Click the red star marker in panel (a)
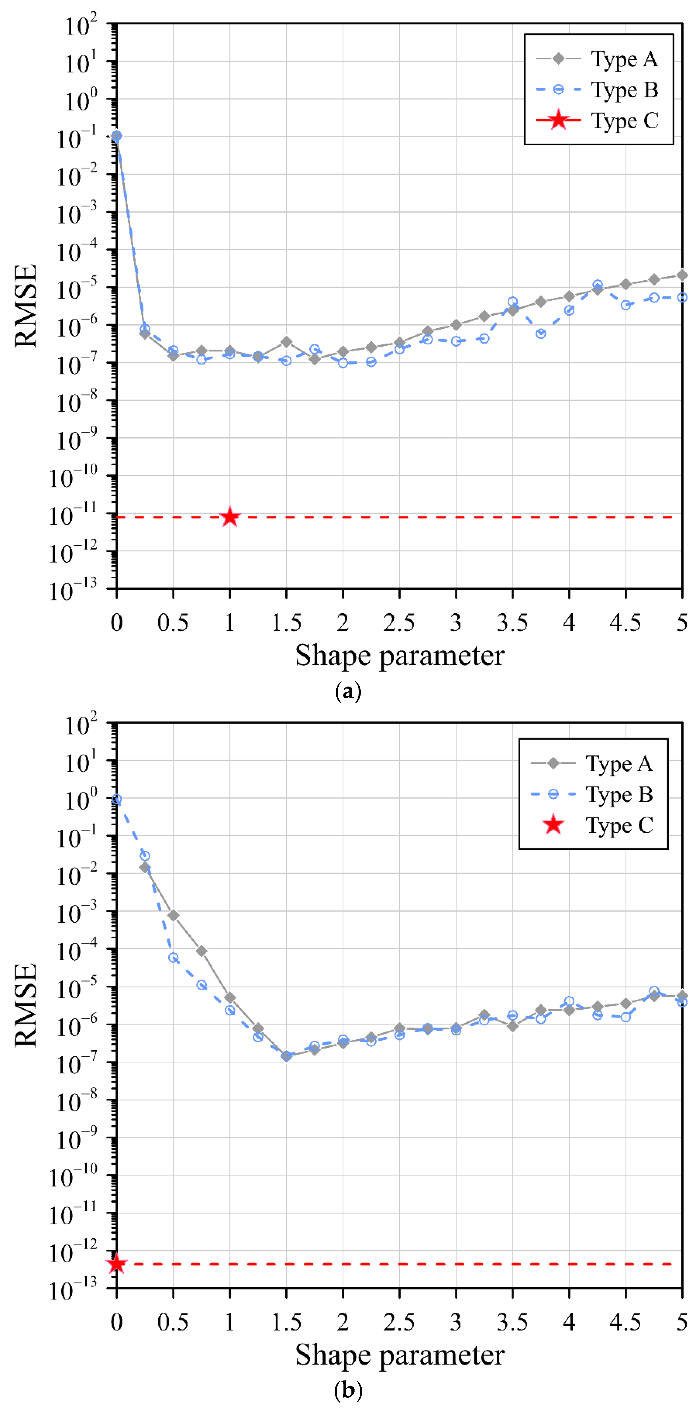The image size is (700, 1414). [230, 516]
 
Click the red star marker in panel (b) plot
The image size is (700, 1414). [116, 1264]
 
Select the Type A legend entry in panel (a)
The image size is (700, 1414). [598, 59]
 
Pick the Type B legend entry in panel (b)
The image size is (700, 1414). [593, 794]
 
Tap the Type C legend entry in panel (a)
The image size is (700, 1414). [598, 120]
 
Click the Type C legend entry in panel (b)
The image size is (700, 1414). [593, 825]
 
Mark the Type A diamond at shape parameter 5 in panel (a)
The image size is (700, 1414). [681, 275]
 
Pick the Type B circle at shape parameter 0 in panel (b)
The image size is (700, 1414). [116, 800]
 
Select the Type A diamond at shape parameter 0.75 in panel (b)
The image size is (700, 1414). [201, 951]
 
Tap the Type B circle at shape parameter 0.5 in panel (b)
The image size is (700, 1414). [173, 958]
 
